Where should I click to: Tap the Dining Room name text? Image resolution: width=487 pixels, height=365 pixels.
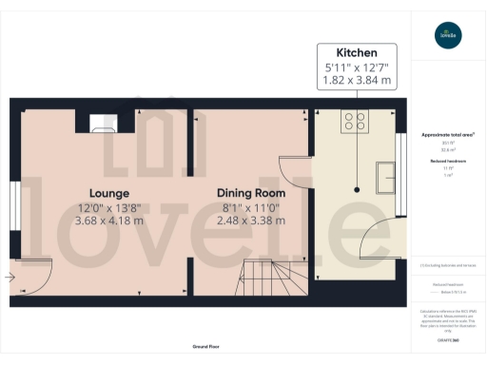(251, 192)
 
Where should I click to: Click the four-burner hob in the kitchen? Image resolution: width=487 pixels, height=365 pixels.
(355, 121)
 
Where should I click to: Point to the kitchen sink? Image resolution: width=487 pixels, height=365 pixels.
(388, 177)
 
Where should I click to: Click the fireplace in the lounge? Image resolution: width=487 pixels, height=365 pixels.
(103, 123)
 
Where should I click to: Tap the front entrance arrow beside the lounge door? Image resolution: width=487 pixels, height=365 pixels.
(10, 278)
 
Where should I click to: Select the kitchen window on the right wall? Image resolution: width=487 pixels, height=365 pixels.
(399, 170)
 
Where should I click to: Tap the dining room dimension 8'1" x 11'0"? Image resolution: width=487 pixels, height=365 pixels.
(251, 208)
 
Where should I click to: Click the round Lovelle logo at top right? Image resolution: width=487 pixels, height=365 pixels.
(446, 38)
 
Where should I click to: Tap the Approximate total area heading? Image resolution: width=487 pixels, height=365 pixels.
(448, 135)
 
